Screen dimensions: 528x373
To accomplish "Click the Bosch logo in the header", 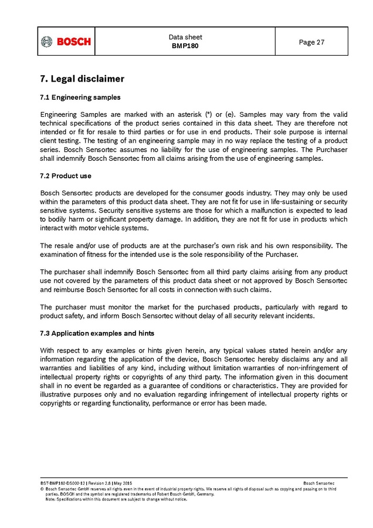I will click(x=66, y=42).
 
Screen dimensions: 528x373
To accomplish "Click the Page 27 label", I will click(x=311, y=42).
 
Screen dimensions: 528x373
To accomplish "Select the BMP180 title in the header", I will click(x=185, y=46).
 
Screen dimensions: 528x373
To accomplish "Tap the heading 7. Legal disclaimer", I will click(x=82, y=79).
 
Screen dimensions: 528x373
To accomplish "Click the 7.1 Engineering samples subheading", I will click(x=80, y=97).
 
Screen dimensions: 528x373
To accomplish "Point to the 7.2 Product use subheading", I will click(x=65, y=176).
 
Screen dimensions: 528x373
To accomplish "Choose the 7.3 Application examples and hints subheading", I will click(x=97, y=333).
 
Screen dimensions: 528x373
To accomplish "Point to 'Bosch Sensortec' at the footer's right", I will click(x=320, y=483).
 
